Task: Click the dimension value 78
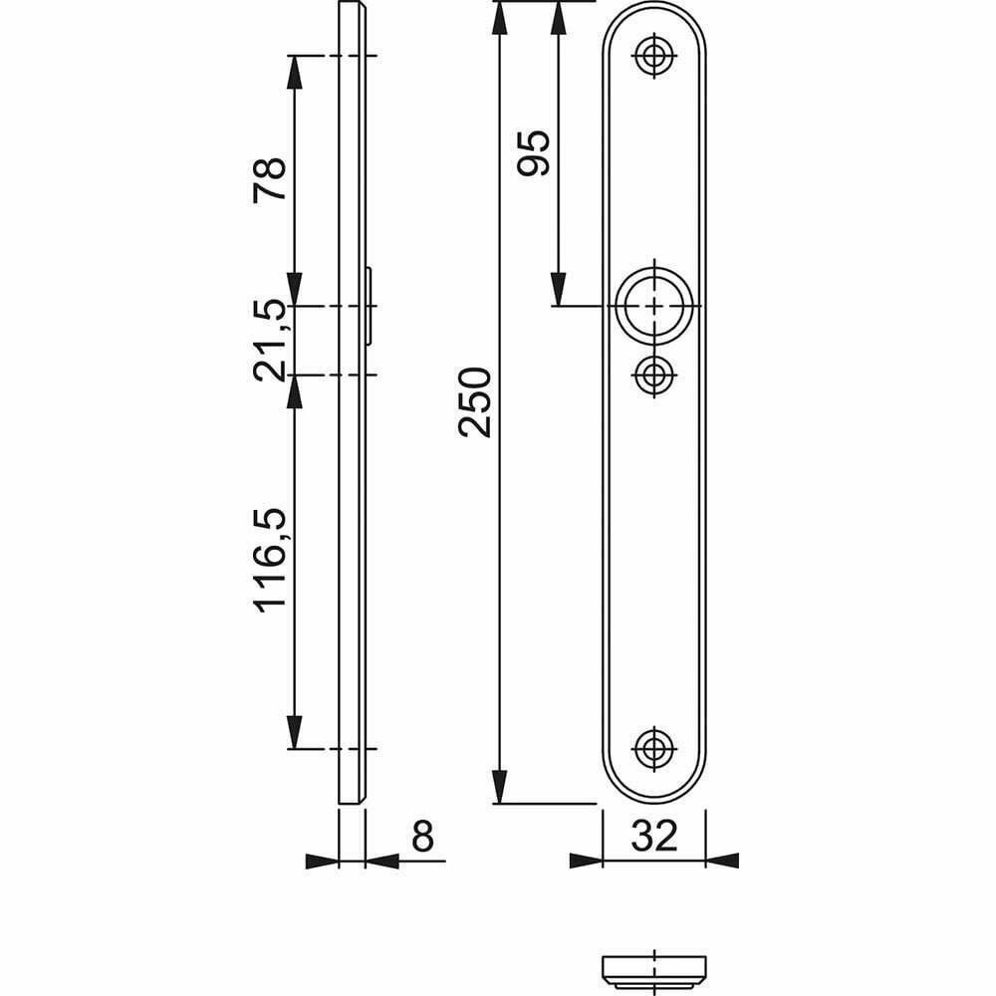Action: (270, 180)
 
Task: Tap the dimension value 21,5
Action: (270, 341)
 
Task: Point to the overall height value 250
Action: (475, 402)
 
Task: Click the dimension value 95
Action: (533, 153)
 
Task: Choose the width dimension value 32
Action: (654, 836)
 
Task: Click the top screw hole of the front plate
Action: (653, 55)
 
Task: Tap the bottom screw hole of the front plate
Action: (653, 749)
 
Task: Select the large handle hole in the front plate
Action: (654, 306)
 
